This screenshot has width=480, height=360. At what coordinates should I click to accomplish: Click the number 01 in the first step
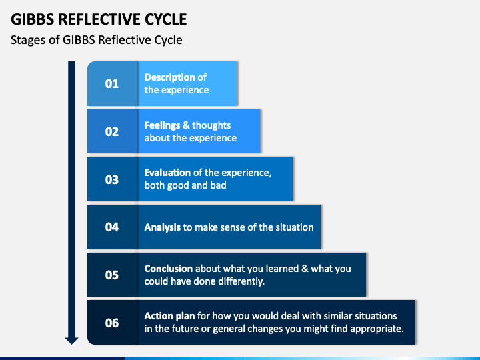click(x=112, y=83)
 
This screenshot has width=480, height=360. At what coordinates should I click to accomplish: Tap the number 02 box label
click(x=112, y=131)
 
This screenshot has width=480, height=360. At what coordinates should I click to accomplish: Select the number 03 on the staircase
click(x=112, y=179)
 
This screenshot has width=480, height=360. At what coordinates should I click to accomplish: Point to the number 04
click(x=112, y=227)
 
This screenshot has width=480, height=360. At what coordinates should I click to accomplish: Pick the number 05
click(x=112, y=275)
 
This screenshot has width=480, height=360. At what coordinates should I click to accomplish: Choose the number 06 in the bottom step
click(x=112, y=323)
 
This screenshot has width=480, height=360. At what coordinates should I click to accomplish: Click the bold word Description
click(x=169, y=77)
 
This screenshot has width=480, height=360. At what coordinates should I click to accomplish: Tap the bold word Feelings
click(x=162, y=125)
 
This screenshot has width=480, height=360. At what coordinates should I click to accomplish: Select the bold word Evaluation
click(x=167, y=173)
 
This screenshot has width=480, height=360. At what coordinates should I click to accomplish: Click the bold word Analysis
click(x=162, y=227)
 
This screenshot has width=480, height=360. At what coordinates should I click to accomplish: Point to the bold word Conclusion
click(x=169, y=269)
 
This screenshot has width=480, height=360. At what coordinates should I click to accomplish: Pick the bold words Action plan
click(x=169, y=316)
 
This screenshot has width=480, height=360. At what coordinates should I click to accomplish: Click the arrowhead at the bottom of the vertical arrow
click(x=71, y=341)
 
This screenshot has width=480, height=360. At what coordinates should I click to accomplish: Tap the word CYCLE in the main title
click(x=165, y=19)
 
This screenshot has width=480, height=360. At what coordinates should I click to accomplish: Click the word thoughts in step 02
click(x=211, y=125)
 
